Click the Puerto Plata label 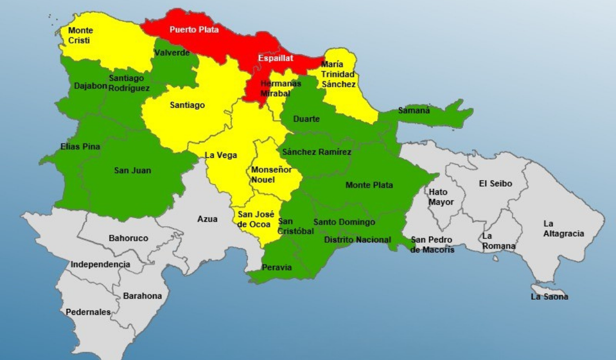click(x=194, y=29)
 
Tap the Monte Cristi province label click(x=80, y=35)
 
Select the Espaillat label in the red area click(x=276, y=58)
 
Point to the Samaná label click(x=413, y=110)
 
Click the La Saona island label click(x=549, y=297)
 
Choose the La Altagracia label click(x=564, y=229)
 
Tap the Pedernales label click(x=88, y=312)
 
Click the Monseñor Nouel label click(x=271, y=175)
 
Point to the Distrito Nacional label click(x=357, y=239)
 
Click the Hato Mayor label click(x=441, y=197)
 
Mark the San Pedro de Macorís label click(x=432, y=245)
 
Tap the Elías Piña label click(x=80, y=146)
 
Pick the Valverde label click(x=172, y=53)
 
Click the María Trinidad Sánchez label click(x=338, y=74)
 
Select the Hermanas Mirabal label click(x=280, y=88)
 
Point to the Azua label click(x=207, y=219)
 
